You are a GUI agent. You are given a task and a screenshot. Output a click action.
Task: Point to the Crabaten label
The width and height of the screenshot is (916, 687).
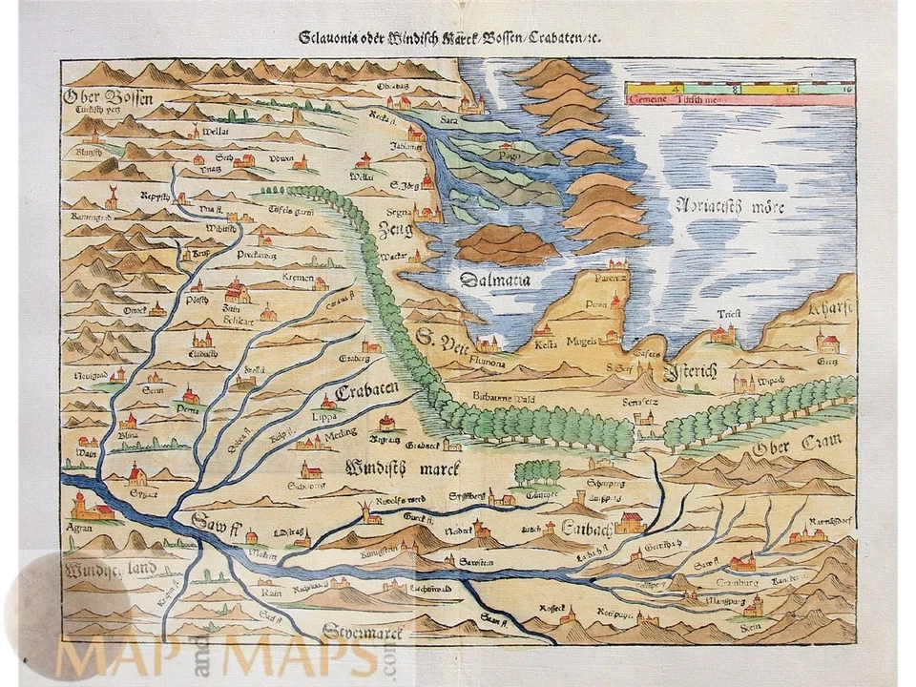point(365,393)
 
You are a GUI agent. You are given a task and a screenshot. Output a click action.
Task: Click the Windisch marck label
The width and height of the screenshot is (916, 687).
point(401,468)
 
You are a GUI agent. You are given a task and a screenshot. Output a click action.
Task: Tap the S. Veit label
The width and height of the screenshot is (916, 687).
point(440,338)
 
